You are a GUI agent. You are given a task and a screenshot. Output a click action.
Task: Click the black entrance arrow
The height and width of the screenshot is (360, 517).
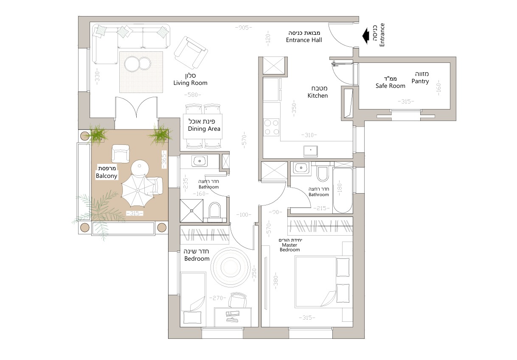(x=365, y=36)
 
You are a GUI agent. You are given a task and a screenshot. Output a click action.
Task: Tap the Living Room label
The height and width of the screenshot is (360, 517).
(x=191, y=83)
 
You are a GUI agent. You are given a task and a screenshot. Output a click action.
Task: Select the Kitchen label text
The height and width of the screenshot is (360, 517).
(x=318, y=96)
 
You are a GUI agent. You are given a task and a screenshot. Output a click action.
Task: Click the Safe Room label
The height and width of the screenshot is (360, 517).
(x=390, y=86)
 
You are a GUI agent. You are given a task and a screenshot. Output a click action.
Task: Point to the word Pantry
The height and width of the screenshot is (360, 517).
(x=420, y=81)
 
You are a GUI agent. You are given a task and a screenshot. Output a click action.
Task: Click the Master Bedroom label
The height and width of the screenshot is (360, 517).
(x=289, y=247)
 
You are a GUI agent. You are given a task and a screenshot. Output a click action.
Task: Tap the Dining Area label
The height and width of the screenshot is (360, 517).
(x=204, y=129)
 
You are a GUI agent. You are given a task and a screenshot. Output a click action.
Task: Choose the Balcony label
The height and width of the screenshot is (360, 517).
(x=107, y=176)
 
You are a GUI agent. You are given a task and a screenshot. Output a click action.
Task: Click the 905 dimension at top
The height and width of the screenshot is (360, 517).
(x=244, y=28)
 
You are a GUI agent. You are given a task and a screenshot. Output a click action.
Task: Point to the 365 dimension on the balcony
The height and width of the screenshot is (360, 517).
(x=164, y=159)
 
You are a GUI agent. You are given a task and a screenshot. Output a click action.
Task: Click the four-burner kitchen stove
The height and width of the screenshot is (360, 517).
(x=271, y=127)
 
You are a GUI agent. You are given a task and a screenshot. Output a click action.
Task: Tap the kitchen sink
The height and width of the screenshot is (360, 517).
(x=310, y=151)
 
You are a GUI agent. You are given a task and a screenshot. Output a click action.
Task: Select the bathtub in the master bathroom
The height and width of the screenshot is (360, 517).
(x=343, y=190)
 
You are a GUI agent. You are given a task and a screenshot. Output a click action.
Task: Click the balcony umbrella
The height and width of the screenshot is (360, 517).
(x=138, y=190)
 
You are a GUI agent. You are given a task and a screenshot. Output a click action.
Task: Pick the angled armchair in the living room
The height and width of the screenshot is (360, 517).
(x=191, y=52)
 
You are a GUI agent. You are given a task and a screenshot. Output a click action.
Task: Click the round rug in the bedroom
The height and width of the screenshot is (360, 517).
(x=230, y=267)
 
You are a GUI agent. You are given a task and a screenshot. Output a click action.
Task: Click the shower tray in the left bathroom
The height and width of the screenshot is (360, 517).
(x=191, y=211)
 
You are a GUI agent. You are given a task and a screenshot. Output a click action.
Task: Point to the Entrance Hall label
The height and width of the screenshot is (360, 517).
(x=304, y=40)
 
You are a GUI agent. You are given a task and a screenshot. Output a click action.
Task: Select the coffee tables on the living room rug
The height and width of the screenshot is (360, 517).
(x=138, y=64)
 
